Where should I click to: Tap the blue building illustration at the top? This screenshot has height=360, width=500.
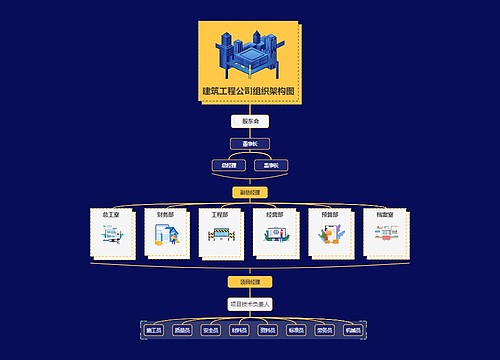pyautogui.click(x=249, y=55)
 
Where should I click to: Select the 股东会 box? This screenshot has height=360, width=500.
pyautogui.click(x=250, y=122)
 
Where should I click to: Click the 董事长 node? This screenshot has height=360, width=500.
pyautogui.click(x=250, y=144)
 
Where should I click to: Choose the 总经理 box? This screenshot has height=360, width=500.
pyautogui.click(x=228, y=165)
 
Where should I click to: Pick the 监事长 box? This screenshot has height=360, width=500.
pyautogui.click(x=271, y=165)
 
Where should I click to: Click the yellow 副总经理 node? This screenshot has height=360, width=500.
pyautogui.click(x=250, y=191)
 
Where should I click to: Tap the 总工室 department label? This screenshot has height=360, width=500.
pyautogui.click(x=110, y=214)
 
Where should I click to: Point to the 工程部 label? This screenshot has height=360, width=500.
pyautogui.click(x=220, y=214)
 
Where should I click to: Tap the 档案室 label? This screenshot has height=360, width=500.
pyautogui.click(x=385, y=214)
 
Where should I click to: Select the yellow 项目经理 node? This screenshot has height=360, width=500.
pyautogui.click(x=250, y=281)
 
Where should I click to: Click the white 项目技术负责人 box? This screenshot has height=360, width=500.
pyautogui.click(x=250, y=302)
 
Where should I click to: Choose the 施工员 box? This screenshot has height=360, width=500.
pyautogui.click(x=154, y=328)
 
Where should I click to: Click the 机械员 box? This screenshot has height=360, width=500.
pyautogui.click(x=352, y=328)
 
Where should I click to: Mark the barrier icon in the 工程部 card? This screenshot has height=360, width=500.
pyautogui.click(x=220, y=237)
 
